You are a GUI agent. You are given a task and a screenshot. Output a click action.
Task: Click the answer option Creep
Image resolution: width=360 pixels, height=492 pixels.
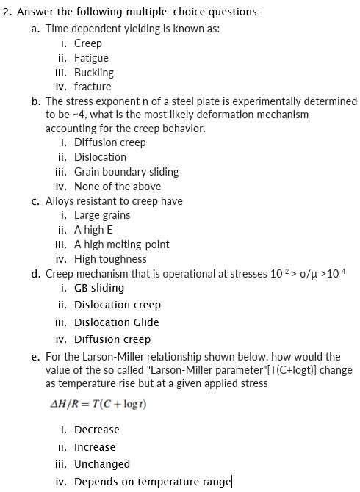[x=88, y=43]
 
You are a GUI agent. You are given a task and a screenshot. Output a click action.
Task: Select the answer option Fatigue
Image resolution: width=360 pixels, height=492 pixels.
[x=91, y=58]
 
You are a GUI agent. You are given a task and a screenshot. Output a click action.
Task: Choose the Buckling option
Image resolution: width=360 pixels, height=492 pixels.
[x=94, y=73]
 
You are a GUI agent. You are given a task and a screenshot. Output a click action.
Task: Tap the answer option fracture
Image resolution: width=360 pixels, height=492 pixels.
[x=93, y=87]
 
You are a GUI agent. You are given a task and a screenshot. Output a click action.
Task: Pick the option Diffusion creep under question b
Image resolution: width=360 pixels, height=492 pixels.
[x=110, y=142]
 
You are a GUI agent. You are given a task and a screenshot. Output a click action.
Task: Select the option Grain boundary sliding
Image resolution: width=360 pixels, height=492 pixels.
[x=126, y=172]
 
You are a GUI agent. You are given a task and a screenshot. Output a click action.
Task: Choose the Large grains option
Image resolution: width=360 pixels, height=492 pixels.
[x=102, y=215]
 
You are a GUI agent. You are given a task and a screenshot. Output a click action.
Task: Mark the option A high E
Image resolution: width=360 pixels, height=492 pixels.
[x=93, y=230]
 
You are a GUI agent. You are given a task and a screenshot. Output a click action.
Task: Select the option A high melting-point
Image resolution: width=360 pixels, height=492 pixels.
[x=121, y=245]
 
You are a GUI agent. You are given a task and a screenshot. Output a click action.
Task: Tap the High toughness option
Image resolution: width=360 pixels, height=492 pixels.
[x=110, y=259]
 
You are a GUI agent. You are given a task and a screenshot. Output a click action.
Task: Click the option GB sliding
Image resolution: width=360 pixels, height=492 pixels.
[x=99, y=288]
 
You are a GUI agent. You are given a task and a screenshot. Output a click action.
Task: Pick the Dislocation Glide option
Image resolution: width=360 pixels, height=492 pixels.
[x=116, y=322]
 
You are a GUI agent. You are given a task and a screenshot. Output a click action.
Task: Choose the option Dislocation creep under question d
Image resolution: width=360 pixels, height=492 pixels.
[x=118, y=305]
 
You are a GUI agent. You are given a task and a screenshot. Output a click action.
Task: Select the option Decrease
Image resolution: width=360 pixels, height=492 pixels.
[x=96, y=430]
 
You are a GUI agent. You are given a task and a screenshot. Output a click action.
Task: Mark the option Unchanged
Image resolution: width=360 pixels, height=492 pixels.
[x=102, y=464]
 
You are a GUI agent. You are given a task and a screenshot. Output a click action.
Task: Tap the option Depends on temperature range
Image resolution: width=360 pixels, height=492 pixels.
[x=153, y=482]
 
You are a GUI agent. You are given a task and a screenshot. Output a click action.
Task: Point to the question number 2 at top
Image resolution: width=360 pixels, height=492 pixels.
[x=6, y=12]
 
